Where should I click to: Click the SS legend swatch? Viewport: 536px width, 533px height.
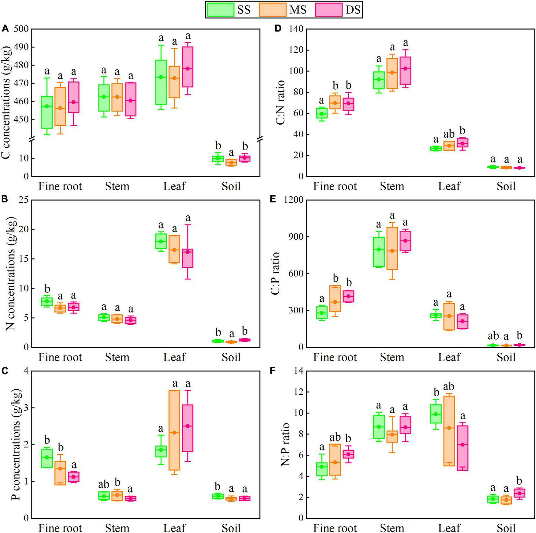[x=221, y=9]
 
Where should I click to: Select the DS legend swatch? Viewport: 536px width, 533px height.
[x=328, y=9]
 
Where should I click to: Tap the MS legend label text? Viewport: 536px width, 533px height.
[x=298, y=10]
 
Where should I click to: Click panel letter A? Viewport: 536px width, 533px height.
[x=5, y=29]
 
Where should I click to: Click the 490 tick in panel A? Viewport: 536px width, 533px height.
[x=20, y=47]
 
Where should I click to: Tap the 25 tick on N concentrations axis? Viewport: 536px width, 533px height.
[x=23, y=200]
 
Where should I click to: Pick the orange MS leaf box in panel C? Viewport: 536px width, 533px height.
[x=174, y=430]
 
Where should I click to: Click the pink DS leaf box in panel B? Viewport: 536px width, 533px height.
[x=188, y=258]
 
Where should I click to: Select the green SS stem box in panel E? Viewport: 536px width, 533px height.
[x=378, y=252]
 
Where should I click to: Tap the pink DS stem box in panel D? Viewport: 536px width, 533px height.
[x=405, y=70]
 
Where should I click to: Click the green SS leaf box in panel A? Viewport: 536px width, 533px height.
[x=161, y=82]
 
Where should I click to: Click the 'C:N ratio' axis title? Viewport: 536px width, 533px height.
[x=281, y=103]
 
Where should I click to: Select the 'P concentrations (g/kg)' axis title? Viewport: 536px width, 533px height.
[x=16, y=445]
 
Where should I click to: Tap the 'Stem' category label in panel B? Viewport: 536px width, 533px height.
[x=117, y=357]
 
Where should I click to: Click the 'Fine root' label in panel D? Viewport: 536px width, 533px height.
[x=335, y=186]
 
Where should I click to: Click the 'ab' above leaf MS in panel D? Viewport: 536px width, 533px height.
[x=449, y=134]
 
